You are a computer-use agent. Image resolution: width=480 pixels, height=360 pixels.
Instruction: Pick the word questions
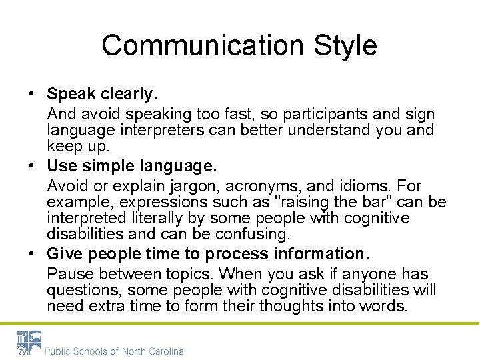(83, 290)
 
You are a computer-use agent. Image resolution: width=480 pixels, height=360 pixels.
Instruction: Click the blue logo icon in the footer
(29, 342)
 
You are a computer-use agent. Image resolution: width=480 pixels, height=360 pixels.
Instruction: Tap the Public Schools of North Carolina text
(113, 351)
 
